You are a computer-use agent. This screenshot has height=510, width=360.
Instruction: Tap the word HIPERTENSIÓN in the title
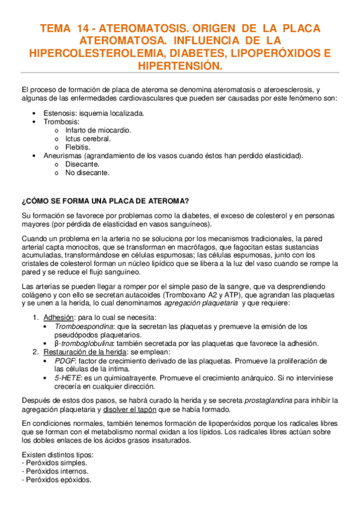click(180, 65)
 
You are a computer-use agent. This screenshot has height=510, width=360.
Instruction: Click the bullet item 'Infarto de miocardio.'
click(98, 129)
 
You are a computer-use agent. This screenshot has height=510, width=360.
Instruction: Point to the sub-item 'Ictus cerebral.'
click(88, 138)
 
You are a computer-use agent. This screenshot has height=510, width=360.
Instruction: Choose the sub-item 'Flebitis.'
click(78, 147)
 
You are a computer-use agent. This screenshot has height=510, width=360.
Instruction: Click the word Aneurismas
click(64, 155)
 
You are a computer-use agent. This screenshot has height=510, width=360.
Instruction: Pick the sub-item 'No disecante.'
click(88, 172)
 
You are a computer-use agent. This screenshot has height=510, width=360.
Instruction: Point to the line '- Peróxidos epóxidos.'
click(56, 480)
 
